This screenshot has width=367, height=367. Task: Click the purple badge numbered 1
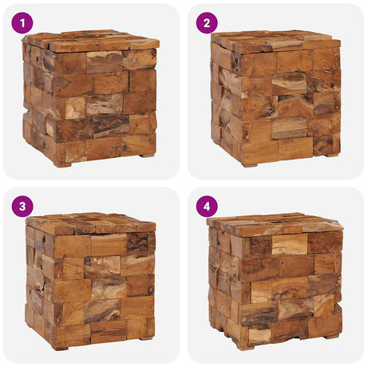(22, 22)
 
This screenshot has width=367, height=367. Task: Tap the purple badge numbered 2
(207, 22)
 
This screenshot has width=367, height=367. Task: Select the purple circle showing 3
(22, 207)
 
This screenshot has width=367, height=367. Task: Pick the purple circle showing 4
(207, 207)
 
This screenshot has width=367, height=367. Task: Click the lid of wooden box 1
(90, 41)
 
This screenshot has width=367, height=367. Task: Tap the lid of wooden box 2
(275, 41)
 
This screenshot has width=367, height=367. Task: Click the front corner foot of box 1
(63, 165)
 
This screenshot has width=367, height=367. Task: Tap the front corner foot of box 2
(250, 165)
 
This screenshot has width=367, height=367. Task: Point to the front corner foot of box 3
(61, 348)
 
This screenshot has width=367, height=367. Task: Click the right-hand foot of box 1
(147, 155)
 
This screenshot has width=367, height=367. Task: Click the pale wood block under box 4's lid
(290, 244)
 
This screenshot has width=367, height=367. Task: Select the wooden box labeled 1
(90, 98)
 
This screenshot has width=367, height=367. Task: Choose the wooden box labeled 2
(276, 99)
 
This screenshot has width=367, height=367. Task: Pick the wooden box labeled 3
(91, 282)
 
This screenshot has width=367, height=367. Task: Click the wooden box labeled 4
(275, 281)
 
